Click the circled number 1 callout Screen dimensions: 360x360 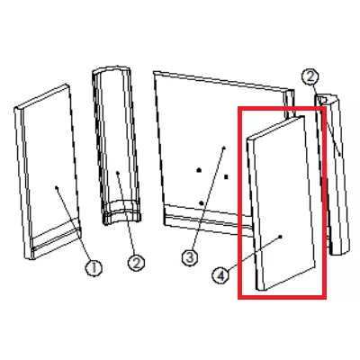(x=94, y=268)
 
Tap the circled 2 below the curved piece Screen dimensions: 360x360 (x=136, y=263)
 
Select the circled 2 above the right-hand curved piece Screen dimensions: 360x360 (x=310, y=76)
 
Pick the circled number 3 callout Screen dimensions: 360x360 (x=190, y=257)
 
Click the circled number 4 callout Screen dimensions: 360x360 (x=220, y=275)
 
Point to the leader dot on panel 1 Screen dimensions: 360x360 (x=57, y=188)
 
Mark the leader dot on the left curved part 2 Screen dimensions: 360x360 (x=118, y=173)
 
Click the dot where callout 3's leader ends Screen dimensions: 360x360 (x=224, y=148)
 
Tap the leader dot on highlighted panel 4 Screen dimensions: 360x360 (x=281, y=237)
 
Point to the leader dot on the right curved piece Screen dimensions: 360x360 (x=339, y=155)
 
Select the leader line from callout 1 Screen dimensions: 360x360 (x=74, y=224)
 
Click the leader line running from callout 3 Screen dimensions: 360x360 (x=208, y=199)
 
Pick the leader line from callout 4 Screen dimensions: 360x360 (x=254, y=254)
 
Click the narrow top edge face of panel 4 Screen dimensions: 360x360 (x=276, y=128)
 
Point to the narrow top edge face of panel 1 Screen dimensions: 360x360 (x=42, y=97)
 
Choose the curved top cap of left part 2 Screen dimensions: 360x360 (x=112, y=71)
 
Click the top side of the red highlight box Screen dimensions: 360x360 (x=282, y=108)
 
